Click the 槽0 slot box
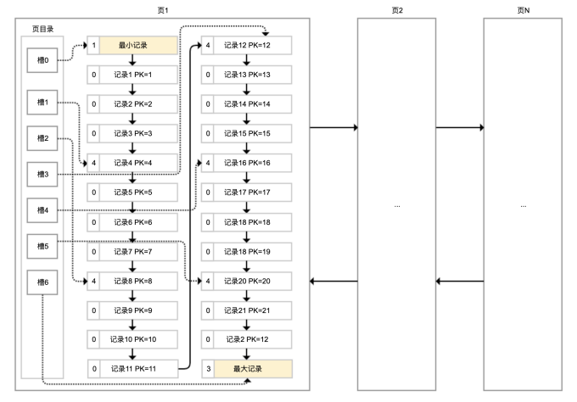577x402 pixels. click(x=42, y=61)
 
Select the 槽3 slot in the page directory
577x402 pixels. click(x=42, y=174)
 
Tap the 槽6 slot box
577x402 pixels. click(x=42, y=282)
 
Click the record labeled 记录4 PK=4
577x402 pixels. click(x=137, y=163)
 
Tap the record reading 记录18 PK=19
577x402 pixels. click(x=252, y=251)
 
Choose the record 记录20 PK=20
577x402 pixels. click(x=252, y=281)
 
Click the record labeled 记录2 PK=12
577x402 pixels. click(x=252, y=339)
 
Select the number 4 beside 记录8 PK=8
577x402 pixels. click(x=93, y=281)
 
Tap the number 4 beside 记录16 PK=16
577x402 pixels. click(x=207, y=163)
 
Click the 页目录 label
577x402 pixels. click(x=42, y=28)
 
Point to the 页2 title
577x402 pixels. click(x=397, y=10)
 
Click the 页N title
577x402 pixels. click(x=523, y=10)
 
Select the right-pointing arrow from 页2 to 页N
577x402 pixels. click(x=459, y=129)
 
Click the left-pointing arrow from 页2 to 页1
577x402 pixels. click(x=333, y=281)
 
